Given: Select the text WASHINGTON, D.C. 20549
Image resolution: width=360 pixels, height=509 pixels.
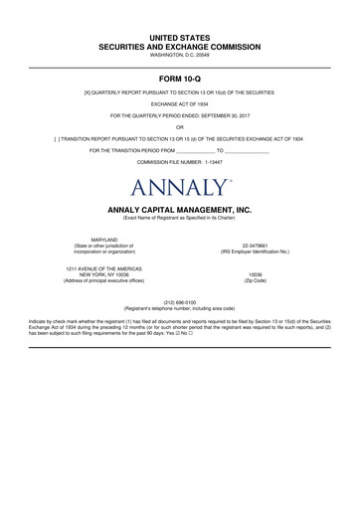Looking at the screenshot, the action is click(179, 56).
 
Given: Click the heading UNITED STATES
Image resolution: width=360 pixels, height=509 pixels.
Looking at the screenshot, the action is click(179, 36).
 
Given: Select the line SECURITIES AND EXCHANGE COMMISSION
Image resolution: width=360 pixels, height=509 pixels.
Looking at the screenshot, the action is click(179, 46).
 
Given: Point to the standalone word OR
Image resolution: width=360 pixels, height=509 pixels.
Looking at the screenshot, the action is click(179, 126).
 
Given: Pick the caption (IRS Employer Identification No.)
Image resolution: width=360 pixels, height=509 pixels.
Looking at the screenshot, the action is click(256, 253).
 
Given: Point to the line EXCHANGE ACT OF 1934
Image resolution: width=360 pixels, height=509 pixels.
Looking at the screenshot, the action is click(179, 103).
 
